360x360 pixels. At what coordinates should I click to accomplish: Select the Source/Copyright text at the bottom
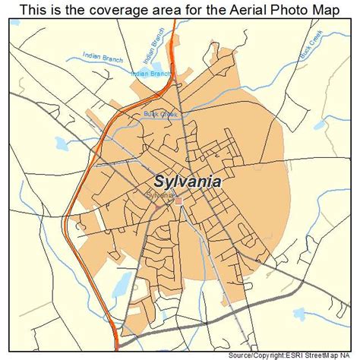tap(254, 355)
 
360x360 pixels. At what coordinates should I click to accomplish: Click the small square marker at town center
tap(178, 201)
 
